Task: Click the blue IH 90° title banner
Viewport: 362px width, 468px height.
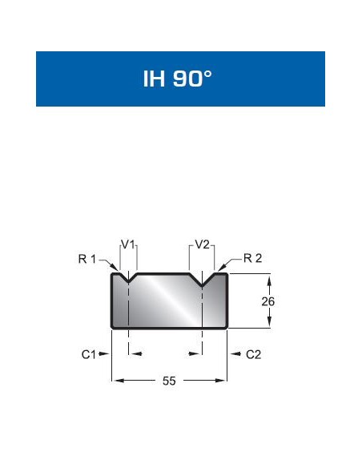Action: coord(180,79)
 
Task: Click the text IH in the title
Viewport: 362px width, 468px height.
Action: coord(153,80)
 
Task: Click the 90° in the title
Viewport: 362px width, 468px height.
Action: coord(193,80)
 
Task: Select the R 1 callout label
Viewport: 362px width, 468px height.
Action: coord(87,258)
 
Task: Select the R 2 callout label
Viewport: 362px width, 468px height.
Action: coord(252,258)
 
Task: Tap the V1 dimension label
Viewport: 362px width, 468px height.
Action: coord(127,244)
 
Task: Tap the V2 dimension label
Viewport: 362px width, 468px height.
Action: coord(203,244)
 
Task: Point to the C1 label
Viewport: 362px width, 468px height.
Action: coord(89,354)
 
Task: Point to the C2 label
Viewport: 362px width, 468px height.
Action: coord(253,354)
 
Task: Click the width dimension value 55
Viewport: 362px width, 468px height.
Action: coord(169,381)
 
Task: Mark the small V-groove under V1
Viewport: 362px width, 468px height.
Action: coord(128,280)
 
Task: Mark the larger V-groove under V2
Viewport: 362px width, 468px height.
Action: coord(203,282)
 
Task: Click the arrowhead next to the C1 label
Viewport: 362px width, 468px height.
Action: coord(104,353)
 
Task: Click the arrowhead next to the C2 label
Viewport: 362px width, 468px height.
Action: coord(235,353)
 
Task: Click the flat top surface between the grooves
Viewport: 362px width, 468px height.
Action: coord(164,274)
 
